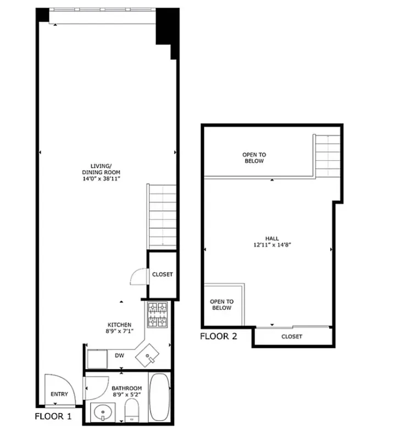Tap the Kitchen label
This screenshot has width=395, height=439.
pos(119,325)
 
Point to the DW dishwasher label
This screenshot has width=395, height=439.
pos(119,355)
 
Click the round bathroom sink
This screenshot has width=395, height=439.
pos(103,412)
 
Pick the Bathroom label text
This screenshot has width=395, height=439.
pos(127,388)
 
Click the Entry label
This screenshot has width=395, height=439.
pos(59,394)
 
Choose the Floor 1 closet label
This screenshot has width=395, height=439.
pos(162,274)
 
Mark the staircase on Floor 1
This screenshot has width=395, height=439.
pos(162,217)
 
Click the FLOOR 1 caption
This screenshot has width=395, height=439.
pos(53,416)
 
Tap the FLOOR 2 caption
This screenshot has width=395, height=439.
pos(218,336)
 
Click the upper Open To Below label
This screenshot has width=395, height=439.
pos(253,158)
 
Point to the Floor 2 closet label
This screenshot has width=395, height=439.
pos(291,336)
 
